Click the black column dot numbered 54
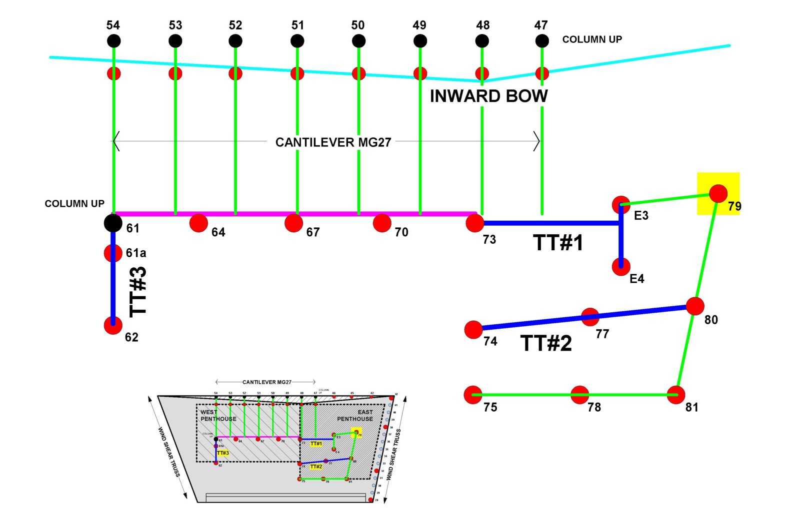pyautogui.click(x=114, y=41)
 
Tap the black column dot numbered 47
pyautogui.click(x=542, y=41)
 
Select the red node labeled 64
pyautogui.click(x=198, y=223)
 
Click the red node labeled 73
pyautogui.click(x=474, y=223)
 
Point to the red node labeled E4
pyautogui.click(x=621, y=267)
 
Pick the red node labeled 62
pyautogui.click(x=113, y=325)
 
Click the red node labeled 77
pyautogui.click(x=590, y=316)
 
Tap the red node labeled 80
pyautogui.click(x=695, y=306)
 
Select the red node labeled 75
pyautogui.click(x=473, y=395)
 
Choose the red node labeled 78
pyautogui.click(x=579, y=395)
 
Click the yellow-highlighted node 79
pyautogui.click(x=718, y=193)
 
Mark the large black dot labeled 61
pyautogui.click(x=113, y=223)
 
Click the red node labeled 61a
pyautogui.click(x=113, y=253)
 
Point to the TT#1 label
pyautogui.click(x=558, y=243)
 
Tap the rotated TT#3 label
pyautogui.click(x=138, y=291)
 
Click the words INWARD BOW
pyautogui.click(x=488, y=96)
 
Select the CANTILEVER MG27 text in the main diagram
pyautogui.click(x=333, y=142)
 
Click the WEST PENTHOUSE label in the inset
pyautogui.click(x=218, y=416)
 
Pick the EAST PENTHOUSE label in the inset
pyautogui.click(x=355, y=416)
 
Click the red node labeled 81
pyautogui.click(x=676, y=395)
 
